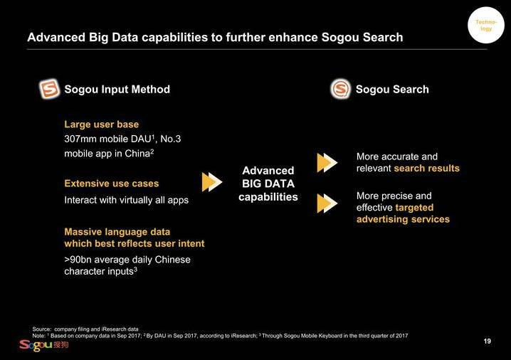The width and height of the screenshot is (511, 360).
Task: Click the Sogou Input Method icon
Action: (x=49, y=89)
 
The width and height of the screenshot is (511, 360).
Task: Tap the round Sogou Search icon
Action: (x=341, y=89)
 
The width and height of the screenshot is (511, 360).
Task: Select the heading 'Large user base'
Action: (x=101, y=125)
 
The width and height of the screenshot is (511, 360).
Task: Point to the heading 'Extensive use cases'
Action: (x=112, y=184)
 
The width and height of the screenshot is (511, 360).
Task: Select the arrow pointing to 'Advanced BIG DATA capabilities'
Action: (x=212, y=182)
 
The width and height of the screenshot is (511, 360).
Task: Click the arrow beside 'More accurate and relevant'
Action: (x=327, y=162)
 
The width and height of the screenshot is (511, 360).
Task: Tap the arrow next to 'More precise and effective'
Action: (x=327, y=203)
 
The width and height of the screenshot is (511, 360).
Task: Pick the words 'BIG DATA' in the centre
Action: (x=268, y=184)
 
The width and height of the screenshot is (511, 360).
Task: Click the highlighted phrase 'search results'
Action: (x=426, y=169)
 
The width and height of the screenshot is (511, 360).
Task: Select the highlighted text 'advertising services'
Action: (x=403, y=219)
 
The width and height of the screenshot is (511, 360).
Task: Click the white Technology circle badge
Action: (x=486, y=25)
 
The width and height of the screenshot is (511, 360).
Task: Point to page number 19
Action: (x=488, y=341)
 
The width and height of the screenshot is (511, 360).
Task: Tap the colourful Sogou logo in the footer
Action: (x=43, y=345)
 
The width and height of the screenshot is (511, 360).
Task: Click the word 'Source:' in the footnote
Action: (x=42, y=329)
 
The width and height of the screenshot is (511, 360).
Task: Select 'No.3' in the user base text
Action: (x=170, y=139)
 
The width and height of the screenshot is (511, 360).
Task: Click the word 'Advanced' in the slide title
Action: (x=56, y=37)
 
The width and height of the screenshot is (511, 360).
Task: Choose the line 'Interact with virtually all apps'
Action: (x=127, y=200)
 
